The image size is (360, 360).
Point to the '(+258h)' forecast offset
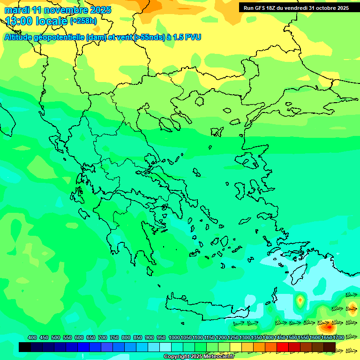coord(83,21)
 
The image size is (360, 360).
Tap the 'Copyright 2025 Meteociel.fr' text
coord(198,356)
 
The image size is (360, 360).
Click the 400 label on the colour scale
coord(32,338)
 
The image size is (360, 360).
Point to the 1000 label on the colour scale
coord(174,338)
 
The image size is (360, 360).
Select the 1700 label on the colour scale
coord(338,338)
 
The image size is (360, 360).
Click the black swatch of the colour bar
coord(25,347)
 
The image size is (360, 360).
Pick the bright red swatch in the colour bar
coord(283,347)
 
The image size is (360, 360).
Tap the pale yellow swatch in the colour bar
coord(236,347)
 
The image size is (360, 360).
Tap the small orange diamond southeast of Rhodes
coord(300,299)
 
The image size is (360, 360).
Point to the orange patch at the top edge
coord(230,14)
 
